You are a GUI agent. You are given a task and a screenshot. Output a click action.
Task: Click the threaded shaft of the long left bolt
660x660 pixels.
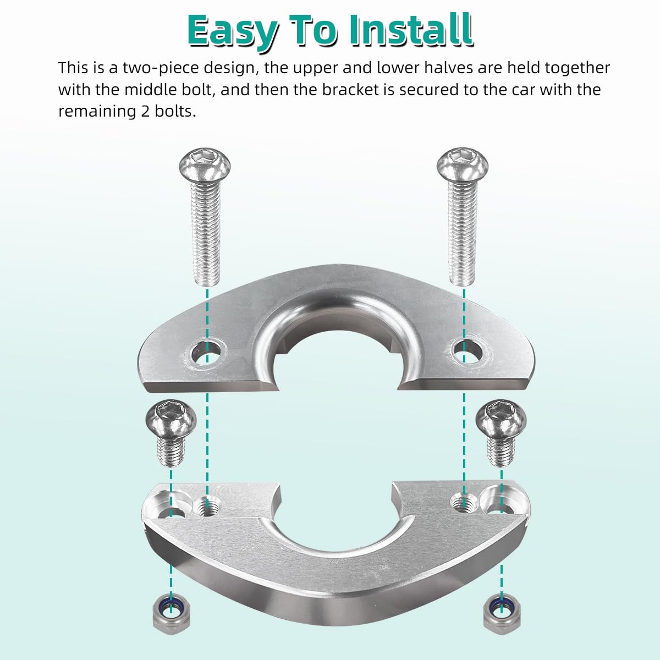tap(206, 231)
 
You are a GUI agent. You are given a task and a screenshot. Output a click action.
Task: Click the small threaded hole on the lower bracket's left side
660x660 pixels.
tap(208, 504)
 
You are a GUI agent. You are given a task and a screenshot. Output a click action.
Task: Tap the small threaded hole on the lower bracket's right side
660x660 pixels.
tap(463, 502)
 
